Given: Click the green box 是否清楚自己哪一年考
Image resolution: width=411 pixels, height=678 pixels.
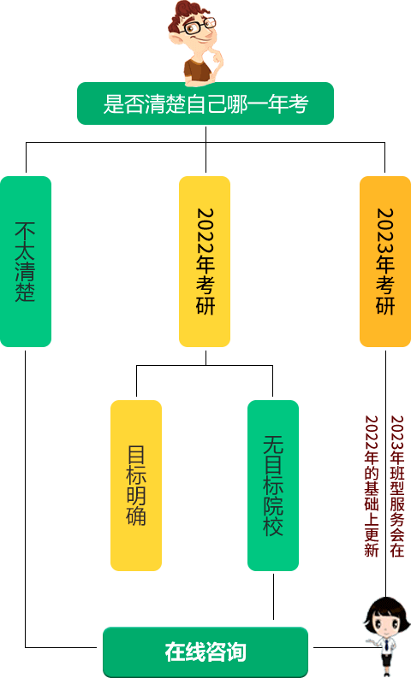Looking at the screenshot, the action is [x=205, y=103].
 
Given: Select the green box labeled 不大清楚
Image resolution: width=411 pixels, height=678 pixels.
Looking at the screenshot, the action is [x=26, y=261].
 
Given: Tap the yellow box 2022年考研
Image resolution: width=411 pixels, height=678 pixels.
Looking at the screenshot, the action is [x=205, y=261].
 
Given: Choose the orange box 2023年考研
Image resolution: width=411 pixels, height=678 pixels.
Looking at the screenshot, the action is [x=385, y=261].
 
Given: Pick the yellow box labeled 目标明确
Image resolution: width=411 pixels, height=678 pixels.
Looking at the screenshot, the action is [x=136, y=485].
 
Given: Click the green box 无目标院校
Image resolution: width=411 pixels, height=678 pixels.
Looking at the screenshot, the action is [x=273, y=485].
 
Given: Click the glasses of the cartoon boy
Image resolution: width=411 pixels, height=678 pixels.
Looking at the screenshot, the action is [x=200, y=26].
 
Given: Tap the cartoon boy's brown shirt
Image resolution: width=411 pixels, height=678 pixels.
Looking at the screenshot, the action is [x=198, y=70].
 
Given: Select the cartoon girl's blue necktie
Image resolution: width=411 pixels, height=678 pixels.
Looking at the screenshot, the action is [x=386, y=646].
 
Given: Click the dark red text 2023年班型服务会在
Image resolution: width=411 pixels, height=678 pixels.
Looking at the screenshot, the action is [x=397, y=486].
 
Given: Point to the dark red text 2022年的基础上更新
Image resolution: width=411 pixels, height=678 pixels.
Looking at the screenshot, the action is [x=372, y=486].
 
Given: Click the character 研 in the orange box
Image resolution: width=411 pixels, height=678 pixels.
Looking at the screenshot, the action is [x=385, y=305].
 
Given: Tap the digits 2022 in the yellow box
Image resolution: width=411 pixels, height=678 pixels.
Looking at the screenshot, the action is [x=205, y=231].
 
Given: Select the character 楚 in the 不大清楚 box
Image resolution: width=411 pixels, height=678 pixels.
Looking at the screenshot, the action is [x=25, y=292].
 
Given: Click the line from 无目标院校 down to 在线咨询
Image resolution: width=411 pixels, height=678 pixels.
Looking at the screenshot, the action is [x=273, y=597].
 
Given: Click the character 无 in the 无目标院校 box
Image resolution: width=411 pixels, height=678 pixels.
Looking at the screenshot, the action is [x=273, y=445].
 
